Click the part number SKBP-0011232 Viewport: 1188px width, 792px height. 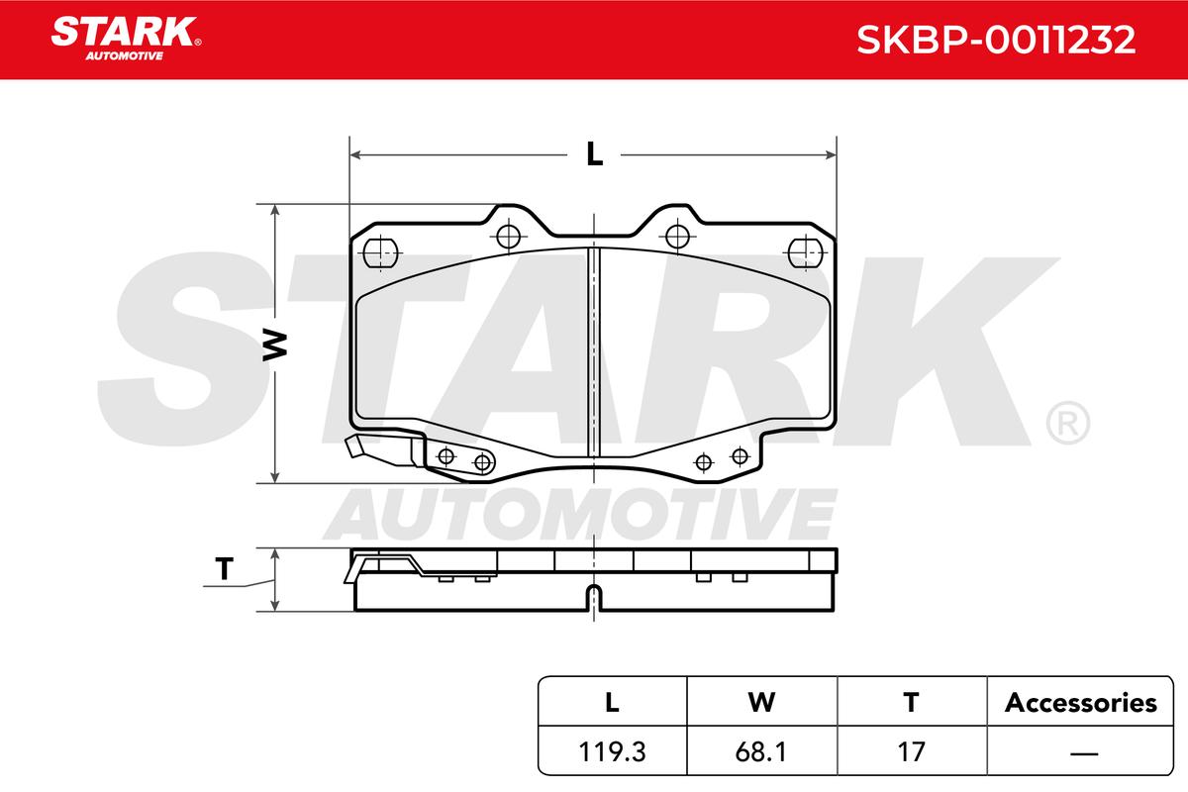pos(996,40)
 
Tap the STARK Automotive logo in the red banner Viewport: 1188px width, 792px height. pos(126,39)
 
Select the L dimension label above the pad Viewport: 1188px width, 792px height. pos(595,154)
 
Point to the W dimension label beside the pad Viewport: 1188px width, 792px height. pos(275,346)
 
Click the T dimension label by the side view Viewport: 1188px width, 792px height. pos(224,569)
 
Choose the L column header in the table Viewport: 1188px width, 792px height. pos(612,703)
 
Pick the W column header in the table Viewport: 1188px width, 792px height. pos(761,703)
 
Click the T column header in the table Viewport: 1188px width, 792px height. pos(911,703)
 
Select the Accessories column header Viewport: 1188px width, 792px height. pos(1080,703)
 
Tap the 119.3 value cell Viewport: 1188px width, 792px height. pos(612,751)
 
